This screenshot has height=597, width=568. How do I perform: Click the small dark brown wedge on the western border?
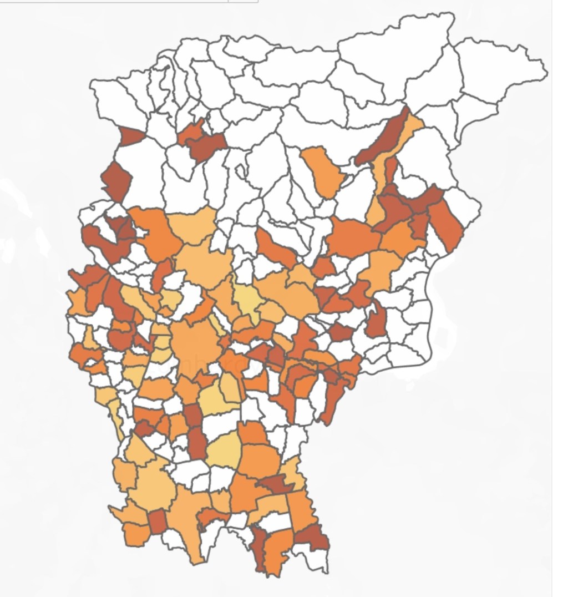[x=131, y=136]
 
